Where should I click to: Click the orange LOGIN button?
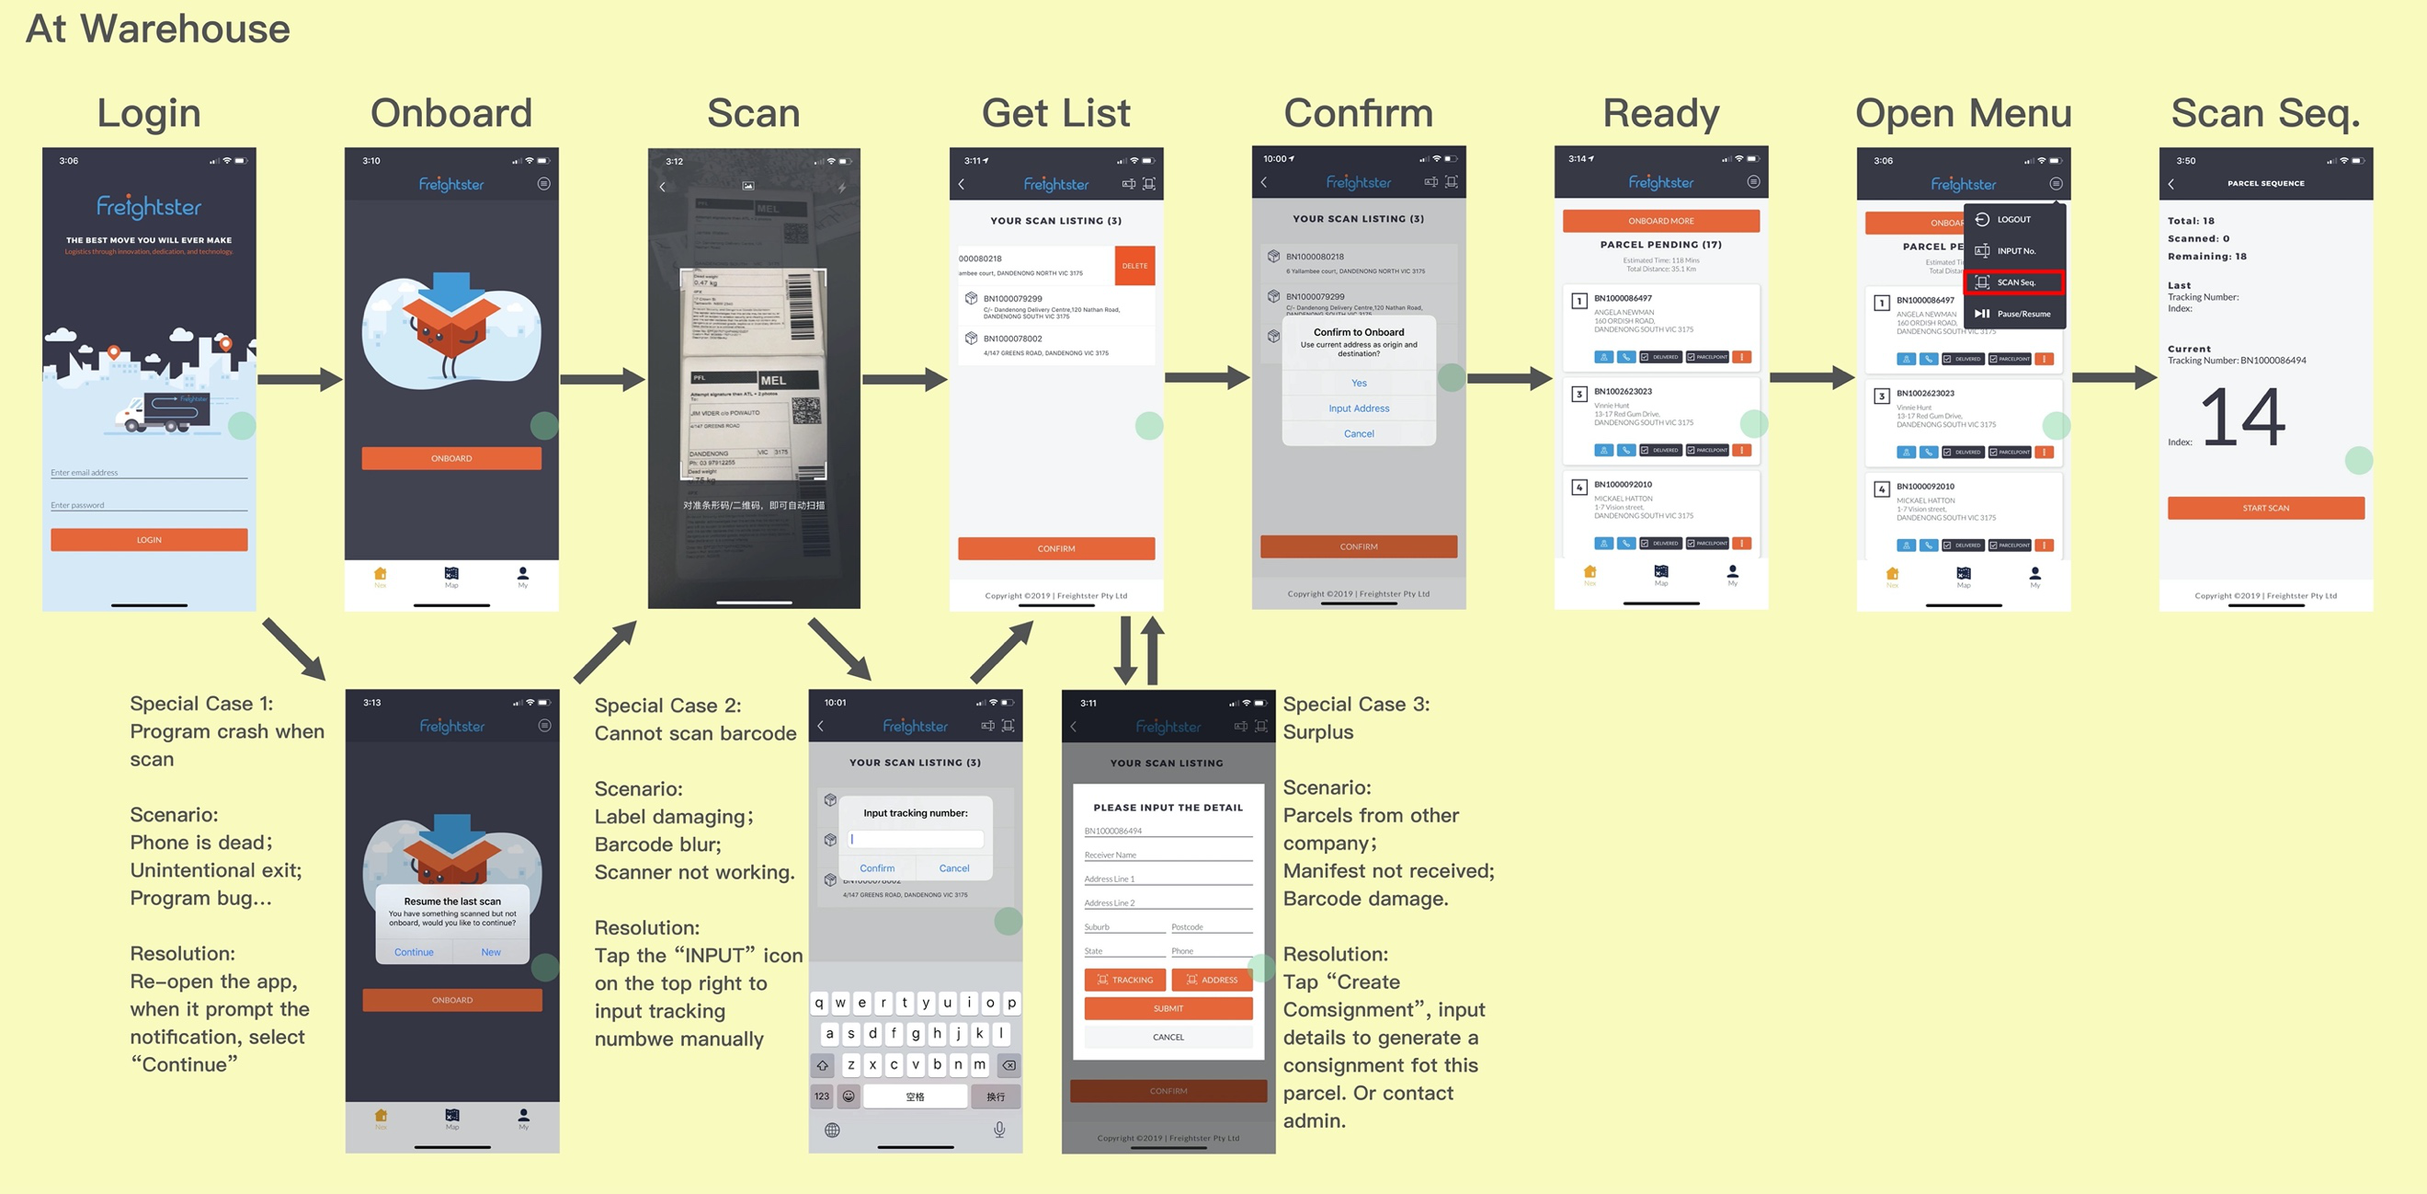point(149,540)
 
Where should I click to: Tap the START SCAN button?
point(2265,508)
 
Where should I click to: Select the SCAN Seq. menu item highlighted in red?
point(2014,281)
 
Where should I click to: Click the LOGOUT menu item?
point(2013,220)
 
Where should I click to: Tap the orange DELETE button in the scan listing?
point(1134,266)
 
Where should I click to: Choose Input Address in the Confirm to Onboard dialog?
point(1359,408)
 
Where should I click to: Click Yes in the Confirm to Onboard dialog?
point(1359,383)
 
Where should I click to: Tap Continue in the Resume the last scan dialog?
point(414,952)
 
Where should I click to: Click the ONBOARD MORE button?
point(1660,221)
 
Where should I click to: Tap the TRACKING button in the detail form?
point(1125,980)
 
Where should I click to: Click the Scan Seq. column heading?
point(2265,113)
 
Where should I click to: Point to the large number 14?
point(2242,418)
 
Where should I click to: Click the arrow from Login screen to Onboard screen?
point(300,380)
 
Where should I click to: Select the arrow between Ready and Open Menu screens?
point(1812,378)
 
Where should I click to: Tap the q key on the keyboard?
point(820,1003)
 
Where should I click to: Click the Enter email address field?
point(149,472)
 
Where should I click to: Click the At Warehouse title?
point(157,29)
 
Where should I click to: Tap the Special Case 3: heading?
point(1356,704)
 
